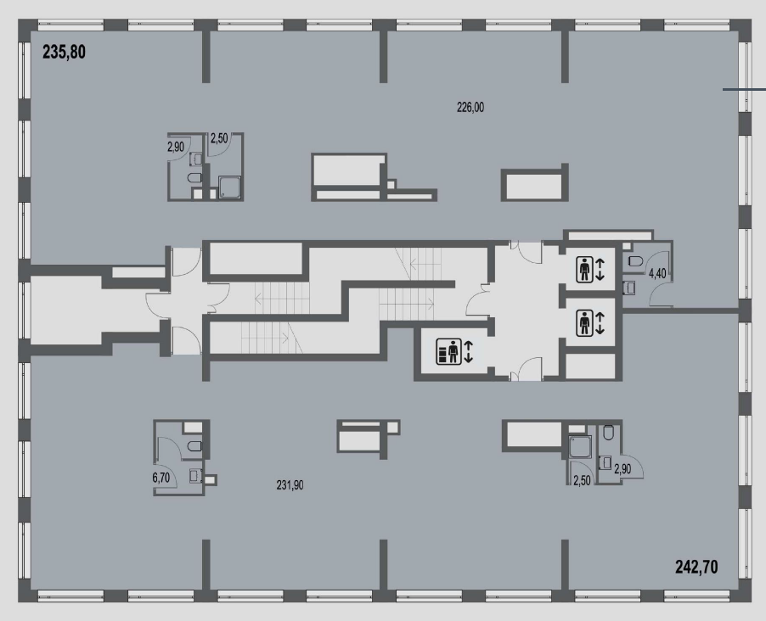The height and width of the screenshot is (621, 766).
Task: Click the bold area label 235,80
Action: click(x=64, y=52)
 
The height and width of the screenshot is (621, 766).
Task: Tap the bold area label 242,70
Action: click(x=696, y=567)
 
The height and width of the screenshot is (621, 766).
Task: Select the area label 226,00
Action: click(x=470, y=107)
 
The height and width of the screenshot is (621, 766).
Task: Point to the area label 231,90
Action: click(x=290, y=485)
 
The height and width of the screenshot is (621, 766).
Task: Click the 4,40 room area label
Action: click(x=657, y=273)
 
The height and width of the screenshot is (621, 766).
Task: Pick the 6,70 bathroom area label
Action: click(x=161, y=478)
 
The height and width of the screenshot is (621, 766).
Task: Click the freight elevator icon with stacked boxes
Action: click(x=449, y=351)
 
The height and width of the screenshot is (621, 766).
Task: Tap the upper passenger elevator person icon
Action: click(x=584, y=270)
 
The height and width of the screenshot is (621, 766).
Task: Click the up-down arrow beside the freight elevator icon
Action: click(x=468, y=351)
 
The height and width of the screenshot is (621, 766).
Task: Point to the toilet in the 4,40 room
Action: click(x=635, y=261)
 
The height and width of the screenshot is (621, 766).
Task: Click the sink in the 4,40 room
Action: click(x=630, y=288)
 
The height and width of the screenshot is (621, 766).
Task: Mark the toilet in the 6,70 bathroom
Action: click(x=194, y=445)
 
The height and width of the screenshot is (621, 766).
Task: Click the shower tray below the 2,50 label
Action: click(x=229, y=188)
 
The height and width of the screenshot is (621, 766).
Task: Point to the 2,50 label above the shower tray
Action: click(x=219, y=138)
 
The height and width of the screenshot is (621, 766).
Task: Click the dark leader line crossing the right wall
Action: click(x=744, y=90)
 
